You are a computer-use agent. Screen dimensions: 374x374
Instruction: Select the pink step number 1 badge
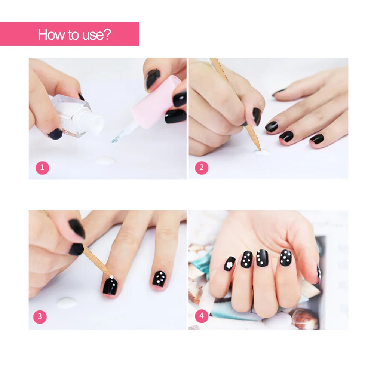pyautogui.click(x=42, y=168)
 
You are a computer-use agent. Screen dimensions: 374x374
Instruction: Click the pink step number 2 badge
pyautogui.click(x=202, y=168)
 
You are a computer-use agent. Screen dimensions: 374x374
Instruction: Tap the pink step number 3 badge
pyautogui.click(x=40, y=318)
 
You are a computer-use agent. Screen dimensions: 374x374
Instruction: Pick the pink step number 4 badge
pyautogui.click(x=202, y=316)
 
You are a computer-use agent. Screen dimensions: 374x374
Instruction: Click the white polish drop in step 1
pyautogui.click(x=105, y=161)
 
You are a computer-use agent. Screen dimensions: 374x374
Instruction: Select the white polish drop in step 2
pyautogui.click(x=261, y=152)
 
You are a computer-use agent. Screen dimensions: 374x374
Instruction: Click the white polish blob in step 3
pyautogui.click(x=67, y=302)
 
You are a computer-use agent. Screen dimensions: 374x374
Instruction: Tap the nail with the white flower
pyautogui.click(x=229, y=263)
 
